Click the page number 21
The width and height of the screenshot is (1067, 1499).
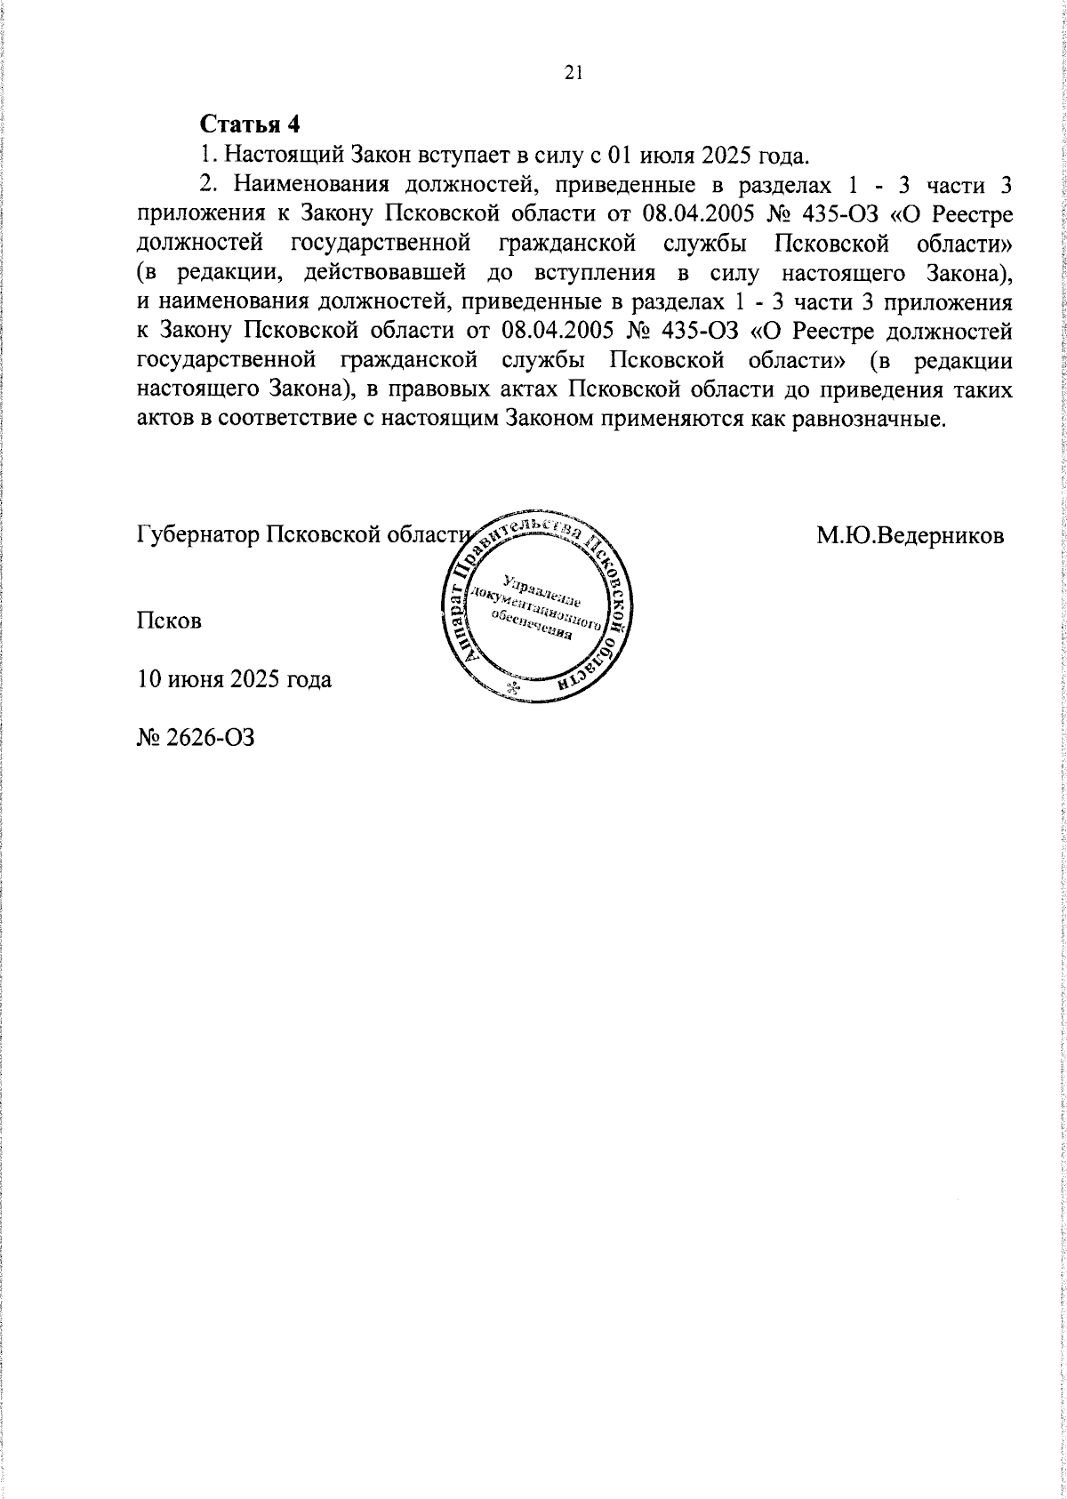(x=573, y=74)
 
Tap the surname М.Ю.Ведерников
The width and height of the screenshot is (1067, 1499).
(x=911, y=536)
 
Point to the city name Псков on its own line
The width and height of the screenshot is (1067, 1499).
(x=169, y=621)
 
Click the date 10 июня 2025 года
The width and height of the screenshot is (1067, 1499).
(x=235, y=680)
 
